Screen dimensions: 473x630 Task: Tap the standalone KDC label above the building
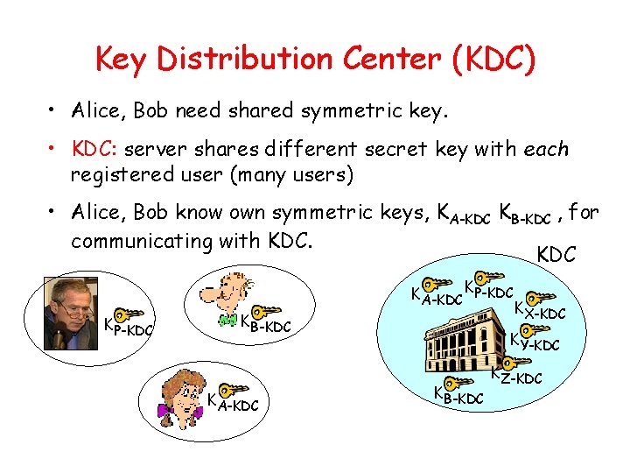[x=556, y=254]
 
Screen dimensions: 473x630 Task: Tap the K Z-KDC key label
[x=516, y=376]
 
